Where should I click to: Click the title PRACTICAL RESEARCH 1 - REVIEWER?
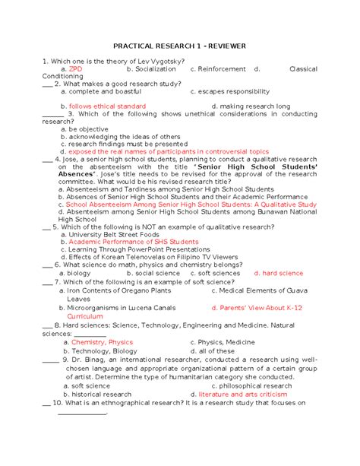(x=179, y=46)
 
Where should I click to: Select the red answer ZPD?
(x=76, y=68)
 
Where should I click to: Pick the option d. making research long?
(x=251, y=106)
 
